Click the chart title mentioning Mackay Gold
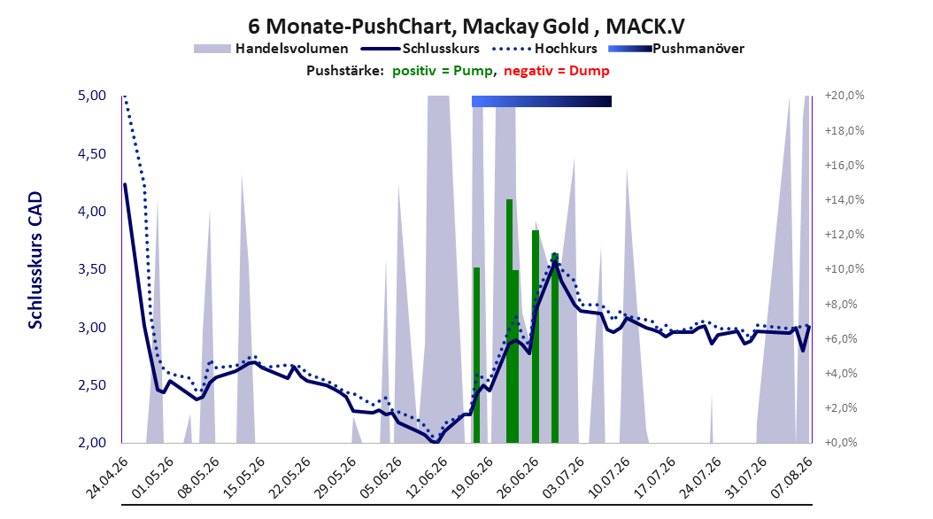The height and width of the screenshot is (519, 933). click(x=466, y=26)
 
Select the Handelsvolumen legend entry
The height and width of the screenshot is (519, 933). click(x=272, y=49)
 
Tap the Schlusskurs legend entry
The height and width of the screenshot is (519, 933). click(x=420, y=49)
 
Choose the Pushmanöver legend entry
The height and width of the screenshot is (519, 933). click(x=676, y=49)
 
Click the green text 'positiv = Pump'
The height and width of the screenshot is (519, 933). click(x=442, y=71)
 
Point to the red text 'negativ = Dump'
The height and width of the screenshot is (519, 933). click(x=557, y=71)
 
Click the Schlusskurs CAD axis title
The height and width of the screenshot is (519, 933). click(x=35, y=260)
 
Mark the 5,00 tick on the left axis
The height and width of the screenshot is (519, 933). click(x=92, y=96)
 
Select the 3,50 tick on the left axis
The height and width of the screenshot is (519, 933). click(x=92, y=269)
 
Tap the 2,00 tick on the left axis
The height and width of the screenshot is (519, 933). click(x=92, y=443)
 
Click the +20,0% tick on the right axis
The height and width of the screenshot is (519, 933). click(x=844, y=96)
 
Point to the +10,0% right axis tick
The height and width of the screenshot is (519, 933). click(x=844, y=269)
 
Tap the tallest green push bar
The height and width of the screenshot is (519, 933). click(x=509, y=321)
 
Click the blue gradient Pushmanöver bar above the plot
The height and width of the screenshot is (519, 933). click(x=542, y=101)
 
